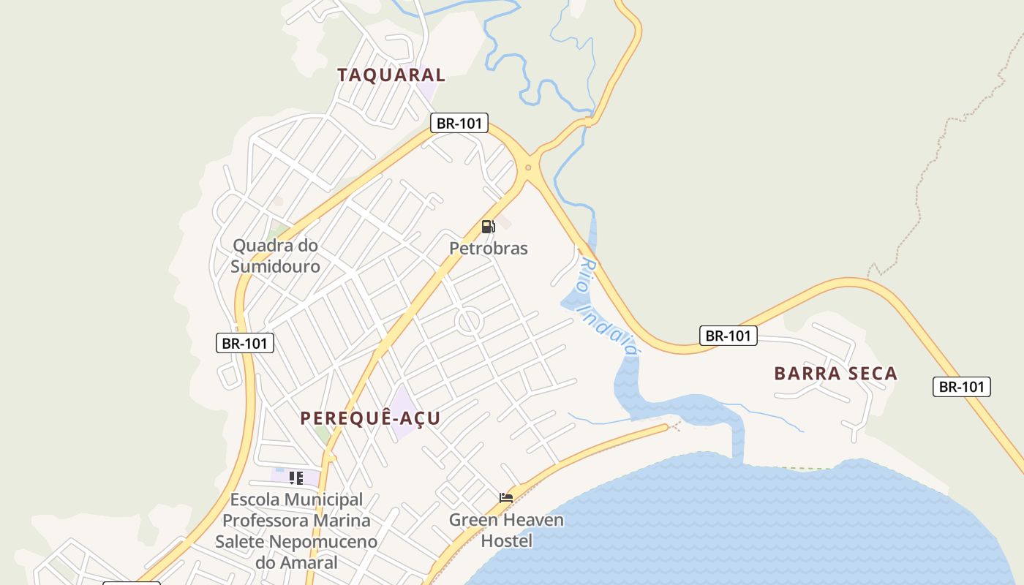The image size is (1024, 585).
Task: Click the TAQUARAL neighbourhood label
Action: click(x=391, y=75)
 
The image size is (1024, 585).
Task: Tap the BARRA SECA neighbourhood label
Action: click(x=835, y=374)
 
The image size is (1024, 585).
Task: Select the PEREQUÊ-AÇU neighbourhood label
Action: click(x=370, y=418)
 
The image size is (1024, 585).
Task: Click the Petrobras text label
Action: click(x=488, y=249)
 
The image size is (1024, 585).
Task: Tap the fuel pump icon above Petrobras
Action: click(x=488, y=227)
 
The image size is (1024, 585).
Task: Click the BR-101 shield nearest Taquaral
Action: click(x=459, y=123)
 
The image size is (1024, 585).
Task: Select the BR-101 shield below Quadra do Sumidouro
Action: click(x=245, y=343)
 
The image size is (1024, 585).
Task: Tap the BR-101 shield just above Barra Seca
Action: click(x=728, y=336)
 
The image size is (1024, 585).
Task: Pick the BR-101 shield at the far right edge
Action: click(x=961, y=387)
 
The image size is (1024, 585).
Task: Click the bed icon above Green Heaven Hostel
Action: click(x=505, y=498)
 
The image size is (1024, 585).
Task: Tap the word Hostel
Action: click(x=506, y=542)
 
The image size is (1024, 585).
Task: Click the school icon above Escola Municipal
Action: click(x=295, y=478)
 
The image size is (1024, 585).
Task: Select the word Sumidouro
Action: click(x=275, y=266)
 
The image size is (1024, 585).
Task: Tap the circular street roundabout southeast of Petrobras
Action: click(x=468, y=320)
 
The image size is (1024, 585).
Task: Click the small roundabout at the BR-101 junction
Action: click(x=527, y=168)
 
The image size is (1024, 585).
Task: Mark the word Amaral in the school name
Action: click(x=308, y=562)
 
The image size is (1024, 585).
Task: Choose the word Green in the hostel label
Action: click(x=473, y=521)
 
